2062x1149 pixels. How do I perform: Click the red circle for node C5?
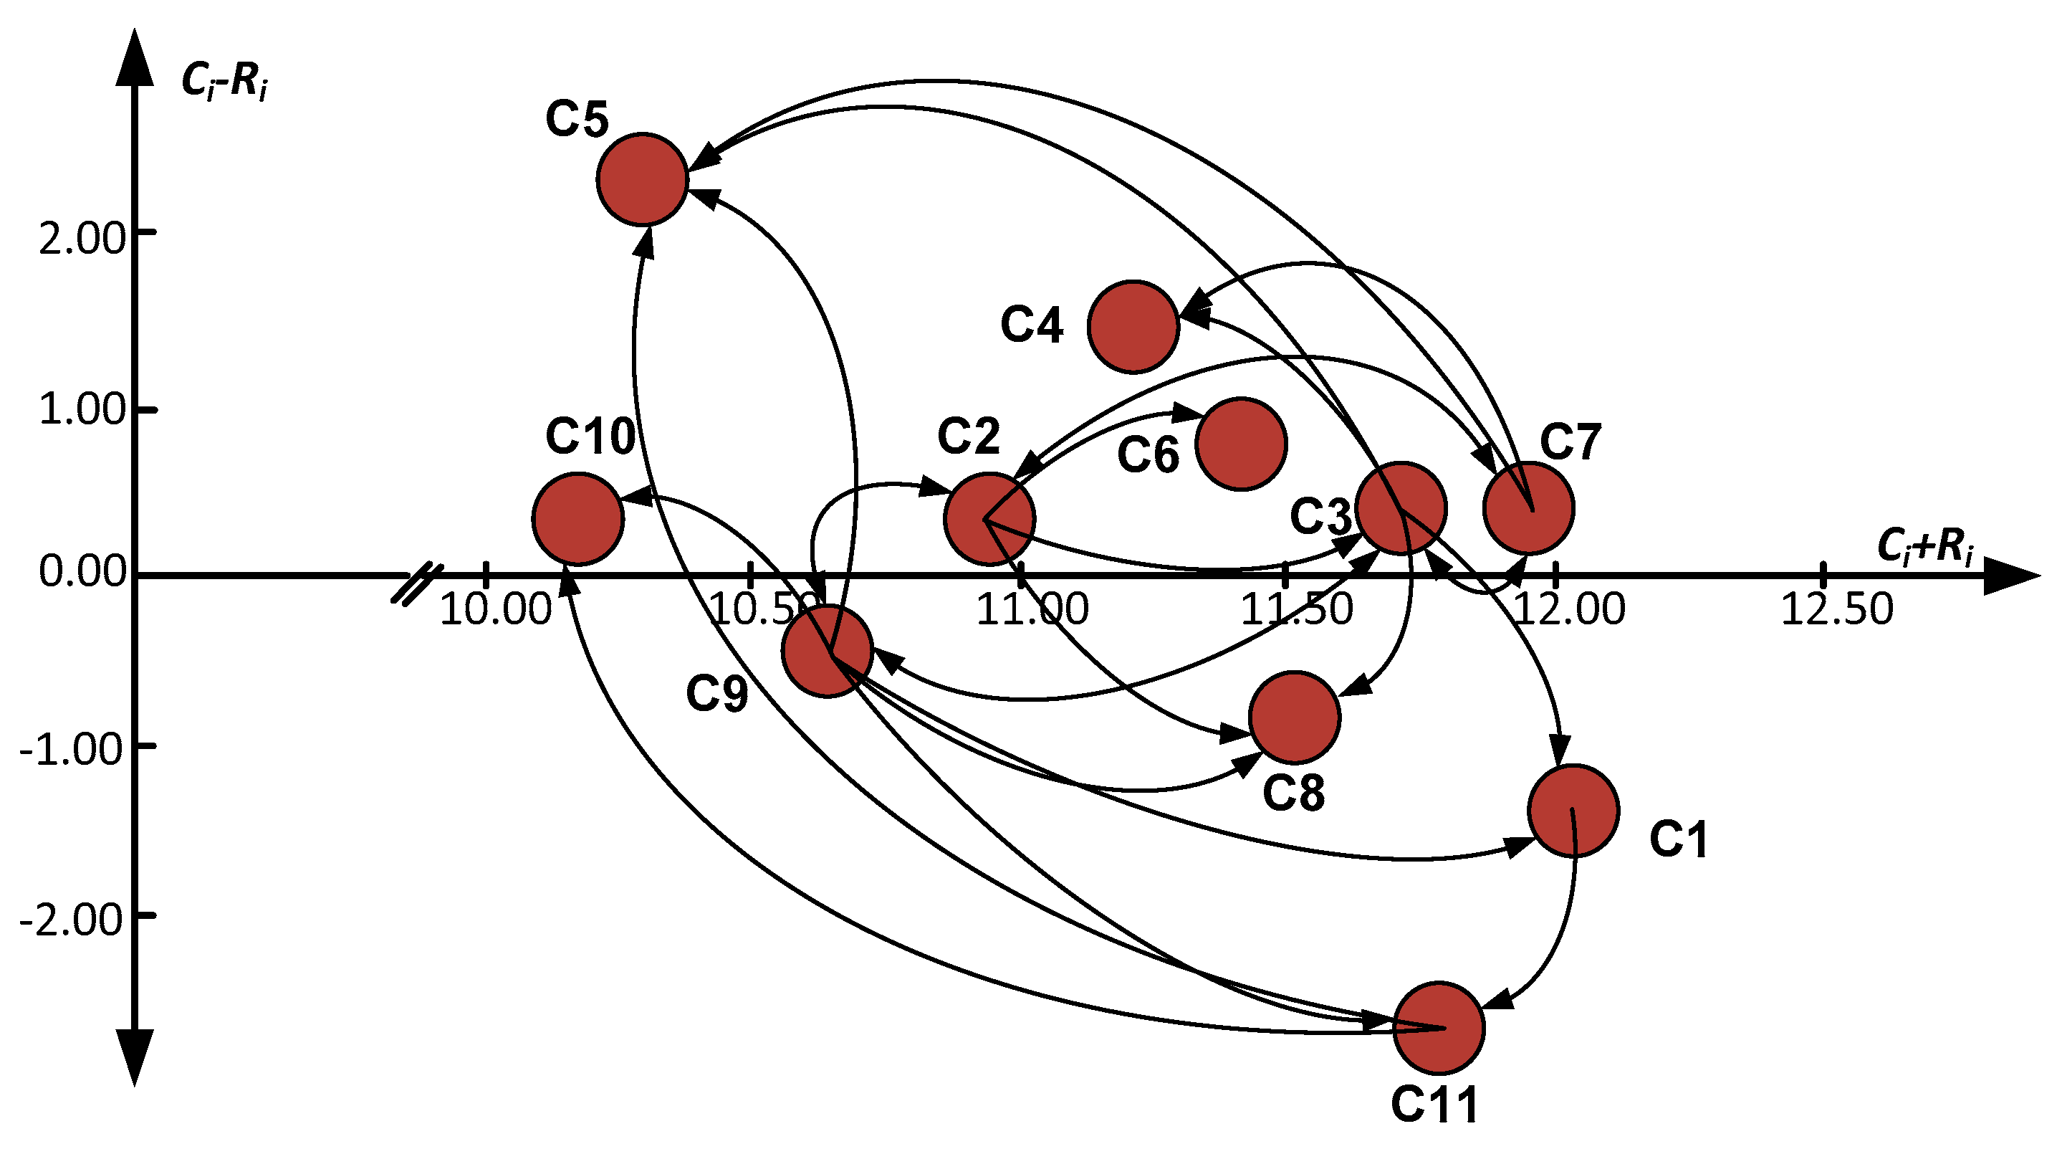pos(642,179)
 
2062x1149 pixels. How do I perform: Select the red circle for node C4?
pos(1133,327)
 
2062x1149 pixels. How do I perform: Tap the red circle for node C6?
pos(1241,444)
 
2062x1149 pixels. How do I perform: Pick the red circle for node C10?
pos(578,519)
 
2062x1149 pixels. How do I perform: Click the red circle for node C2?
pos(989,519)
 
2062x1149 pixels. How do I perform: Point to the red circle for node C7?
pos(1529,507)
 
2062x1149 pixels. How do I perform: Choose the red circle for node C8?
pos(1295,717)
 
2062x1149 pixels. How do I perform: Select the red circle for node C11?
pos(1439,1027)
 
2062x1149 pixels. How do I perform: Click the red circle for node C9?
pos(827,652)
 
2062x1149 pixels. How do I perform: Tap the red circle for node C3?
pos(1401,507)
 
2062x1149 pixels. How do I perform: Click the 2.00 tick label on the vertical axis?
pos(82,239)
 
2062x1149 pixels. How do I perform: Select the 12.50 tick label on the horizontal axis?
pos(1836,609)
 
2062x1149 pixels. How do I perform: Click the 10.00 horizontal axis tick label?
pos(496,609)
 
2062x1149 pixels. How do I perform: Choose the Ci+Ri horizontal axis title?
pos(1924,547)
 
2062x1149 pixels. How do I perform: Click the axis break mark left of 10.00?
pos(416,584)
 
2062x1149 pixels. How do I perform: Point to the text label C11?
pos(1434,1105)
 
